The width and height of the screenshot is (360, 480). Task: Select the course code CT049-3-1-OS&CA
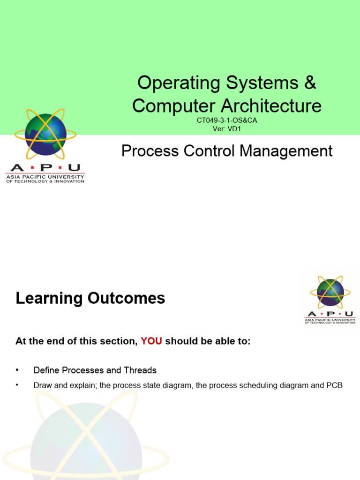(x=227, y=120)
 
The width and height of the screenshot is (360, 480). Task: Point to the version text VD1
(x=233, y=128)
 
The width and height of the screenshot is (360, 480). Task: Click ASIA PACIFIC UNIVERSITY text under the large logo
(x=45, y=177)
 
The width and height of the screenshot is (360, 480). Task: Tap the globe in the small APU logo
(x=330, y=292)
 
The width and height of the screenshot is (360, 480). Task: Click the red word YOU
(x=151, y=342)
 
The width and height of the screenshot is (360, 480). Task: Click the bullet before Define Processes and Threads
(x=17, y=370)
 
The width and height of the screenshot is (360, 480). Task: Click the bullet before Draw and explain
(x=17, y=385)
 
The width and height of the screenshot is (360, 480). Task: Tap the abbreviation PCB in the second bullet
(x=335, y=385)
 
